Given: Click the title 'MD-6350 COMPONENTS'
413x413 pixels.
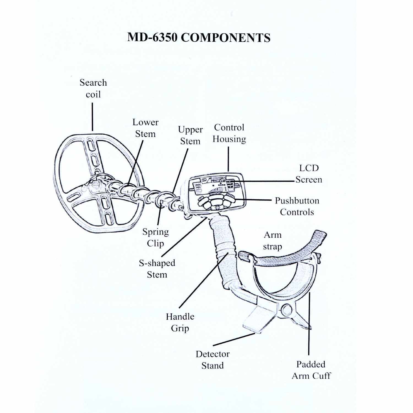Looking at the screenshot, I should pyautogui.click(x=199, y=37).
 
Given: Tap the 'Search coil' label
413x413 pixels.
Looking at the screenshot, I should pyautogui.click(x=93, y=88).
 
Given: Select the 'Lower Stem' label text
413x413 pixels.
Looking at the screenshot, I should pyautogui.click(x=145, y=128).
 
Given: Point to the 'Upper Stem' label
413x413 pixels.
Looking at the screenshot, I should pyautogui.click(x=190, y=135).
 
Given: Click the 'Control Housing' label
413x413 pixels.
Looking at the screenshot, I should pyautogui.click(x=229, y=133).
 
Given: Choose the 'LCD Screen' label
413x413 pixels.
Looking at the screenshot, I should pyautogui.click(x=309, y=174).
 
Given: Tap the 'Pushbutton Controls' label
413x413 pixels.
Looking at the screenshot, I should pyautogui.click(x=297, y=206).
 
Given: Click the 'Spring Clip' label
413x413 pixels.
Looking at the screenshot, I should pyautogui.click(x=155, y=237).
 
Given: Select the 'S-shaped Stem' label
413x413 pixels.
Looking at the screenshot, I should pyautogui.click(x=157, y=269).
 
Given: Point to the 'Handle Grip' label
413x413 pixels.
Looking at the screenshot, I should pyautogui.click(x=180, y=322).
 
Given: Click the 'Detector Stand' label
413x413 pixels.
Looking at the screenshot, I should pyautogui.click(x=212, y=360).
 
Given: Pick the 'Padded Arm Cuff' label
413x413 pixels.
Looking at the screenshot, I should pyautogui.click(x=311, y=370).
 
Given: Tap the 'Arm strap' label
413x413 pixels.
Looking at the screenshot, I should pyautogui.click(x=272, y=241).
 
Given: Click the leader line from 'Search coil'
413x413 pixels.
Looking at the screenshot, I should pyautogui.click(x=93, y=117).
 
